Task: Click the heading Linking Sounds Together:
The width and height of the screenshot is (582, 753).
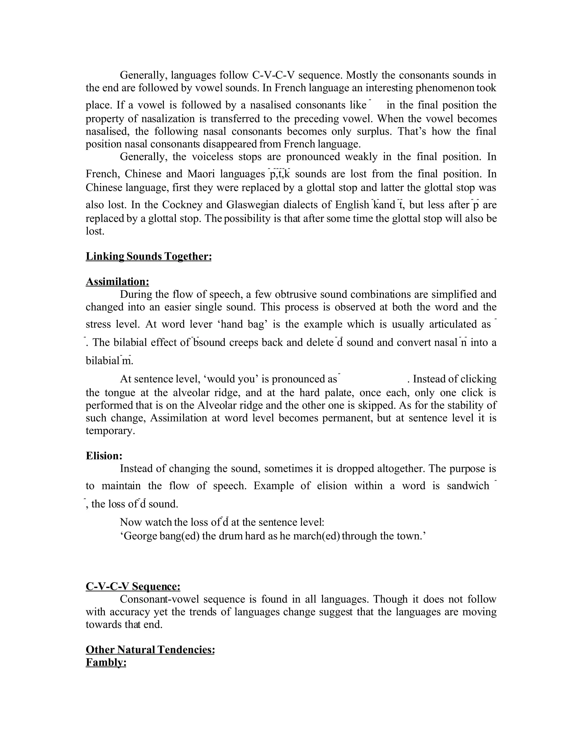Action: (148, 256)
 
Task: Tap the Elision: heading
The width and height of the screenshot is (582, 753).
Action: (104, 456)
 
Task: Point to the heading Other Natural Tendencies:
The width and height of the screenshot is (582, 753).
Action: (150, 650)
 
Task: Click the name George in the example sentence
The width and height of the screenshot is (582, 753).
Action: (139, 536)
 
